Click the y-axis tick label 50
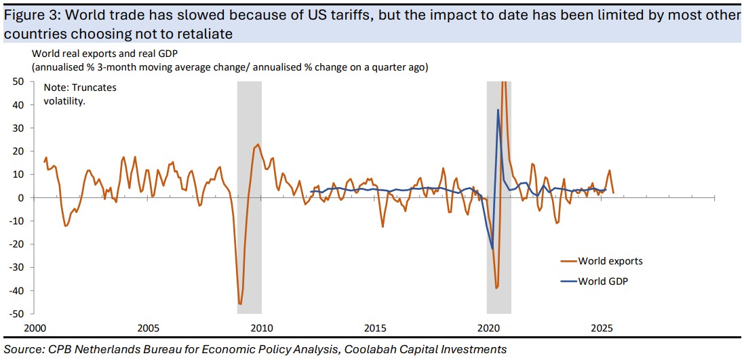pyautogui.click(x=20, y=81)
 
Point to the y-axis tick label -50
pyautogui.click(x=18, y=315)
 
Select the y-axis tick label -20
pyautogui.click(x=18, y=245)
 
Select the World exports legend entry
pyautogui.click(x=610, y=261)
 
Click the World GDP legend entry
pyautogui.click(x=603, y=281)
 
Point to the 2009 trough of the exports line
pyautogui.click(x=240, y=304)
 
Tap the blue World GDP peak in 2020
pyautogui.click(x=498, y=110)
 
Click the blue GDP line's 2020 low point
pyautogui.click(x=492, y=249)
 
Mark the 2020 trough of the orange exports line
pyautogui.click(x=496, y=288)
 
